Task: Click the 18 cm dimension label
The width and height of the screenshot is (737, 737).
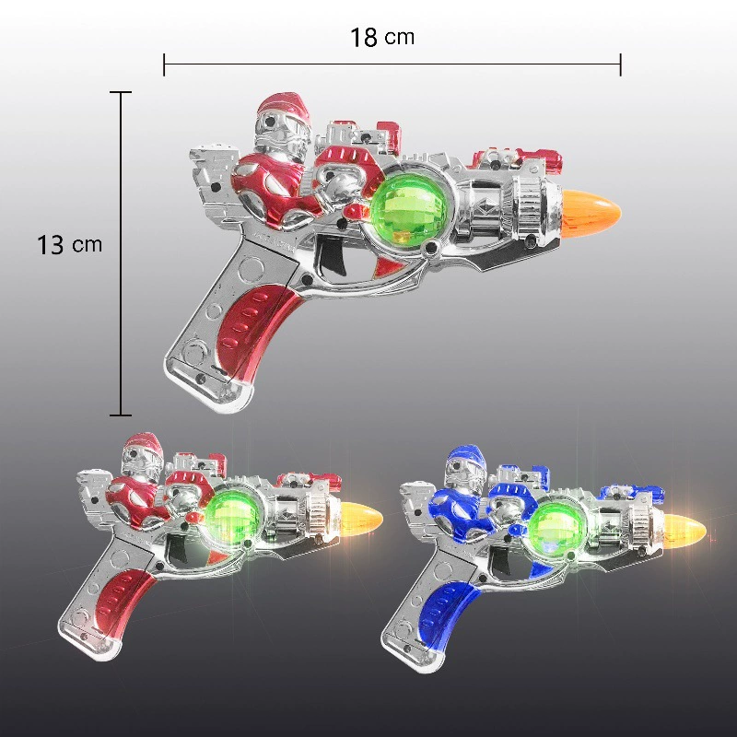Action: tap(382, 37)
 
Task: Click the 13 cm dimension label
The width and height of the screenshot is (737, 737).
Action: tap(69, 245)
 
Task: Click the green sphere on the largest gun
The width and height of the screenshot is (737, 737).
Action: tap(408, 209)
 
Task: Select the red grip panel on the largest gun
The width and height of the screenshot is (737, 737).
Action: tap(252, 329)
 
